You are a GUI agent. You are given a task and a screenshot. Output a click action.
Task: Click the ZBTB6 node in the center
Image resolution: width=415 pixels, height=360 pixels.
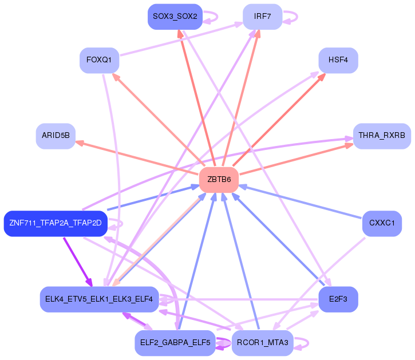(x=219, y=180)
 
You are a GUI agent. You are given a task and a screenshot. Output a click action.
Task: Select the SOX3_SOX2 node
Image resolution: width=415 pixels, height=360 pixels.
(x=175, y=17)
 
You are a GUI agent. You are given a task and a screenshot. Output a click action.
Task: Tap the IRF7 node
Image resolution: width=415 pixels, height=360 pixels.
(x=263, y=17)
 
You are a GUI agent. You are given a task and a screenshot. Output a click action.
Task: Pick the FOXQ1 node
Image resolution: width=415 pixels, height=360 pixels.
(x=99, y=60)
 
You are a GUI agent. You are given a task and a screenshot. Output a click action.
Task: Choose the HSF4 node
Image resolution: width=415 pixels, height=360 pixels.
(x=338, y=60)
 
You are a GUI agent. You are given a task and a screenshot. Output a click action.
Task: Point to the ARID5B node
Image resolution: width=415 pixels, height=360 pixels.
(x=56, y=136)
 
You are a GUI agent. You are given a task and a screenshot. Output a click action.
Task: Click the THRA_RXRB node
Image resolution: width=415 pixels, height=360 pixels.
(x=382, y=136)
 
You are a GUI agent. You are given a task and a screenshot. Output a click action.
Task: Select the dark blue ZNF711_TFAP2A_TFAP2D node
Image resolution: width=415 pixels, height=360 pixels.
(x=56, y=224)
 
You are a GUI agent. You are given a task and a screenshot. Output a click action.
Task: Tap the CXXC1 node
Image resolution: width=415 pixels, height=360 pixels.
(x=382, y=224)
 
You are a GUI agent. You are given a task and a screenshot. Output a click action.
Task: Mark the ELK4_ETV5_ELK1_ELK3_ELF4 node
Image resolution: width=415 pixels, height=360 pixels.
(x=99, y=299)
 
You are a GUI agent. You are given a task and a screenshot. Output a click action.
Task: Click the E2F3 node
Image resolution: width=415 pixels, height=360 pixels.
(x=338, y=299)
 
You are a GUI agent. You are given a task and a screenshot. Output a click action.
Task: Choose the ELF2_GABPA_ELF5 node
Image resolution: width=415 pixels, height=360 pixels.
(x=175, y=343)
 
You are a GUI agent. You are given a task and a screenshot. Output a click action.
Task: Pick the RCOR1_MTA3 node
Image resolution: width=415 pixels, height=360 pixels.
(x=263, y=343)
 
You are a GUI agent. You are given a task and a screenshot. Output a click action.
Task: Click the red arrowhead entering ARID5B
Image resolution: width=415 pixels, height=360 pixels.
(x=80, y=143)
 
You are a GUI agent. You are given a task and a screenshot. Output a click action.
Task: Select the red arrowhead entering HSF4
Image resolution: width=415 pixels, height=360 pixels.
(x=322, y=77)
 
